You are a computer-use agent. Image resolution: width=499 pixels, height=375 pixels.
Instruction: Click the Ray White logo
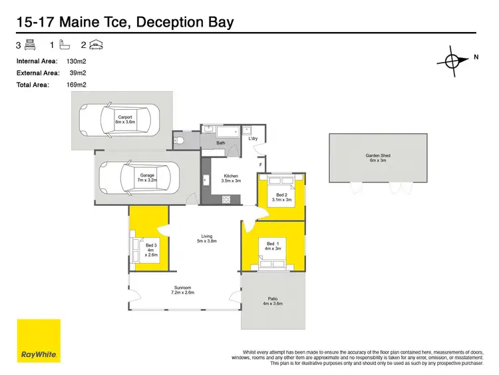tap(39, 341)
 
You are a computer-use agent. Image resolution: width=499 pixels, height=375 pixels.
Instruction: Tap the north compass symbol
tap(453, 61)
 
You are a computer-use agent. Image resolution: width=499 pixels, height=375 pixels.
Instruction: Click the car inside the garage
tap(135, 178)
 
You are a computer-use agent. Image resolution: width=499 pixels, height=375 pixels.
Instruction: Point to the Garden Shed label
tap(378, 158)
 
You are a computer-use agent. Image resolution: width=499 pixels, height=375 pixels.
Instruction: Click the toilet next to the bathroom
tap(179, 140)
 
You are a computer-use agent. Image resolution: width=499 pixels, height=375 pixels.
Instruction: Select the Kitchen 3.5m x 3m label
tap(231, 178)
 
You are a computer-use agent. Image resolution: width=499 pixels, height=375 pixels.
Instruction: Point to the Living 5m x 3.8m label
tap(208, 238)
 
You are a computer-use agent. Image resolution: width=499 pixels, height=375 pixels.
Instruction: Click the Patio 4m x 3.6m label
tap(273, 301)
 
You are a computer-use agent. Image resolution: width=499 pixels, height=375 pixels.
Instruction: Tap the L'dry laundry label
tap(253, 139)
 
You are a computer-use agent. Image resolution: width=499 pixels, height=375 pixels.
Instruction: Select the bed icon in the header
tap(30, 45)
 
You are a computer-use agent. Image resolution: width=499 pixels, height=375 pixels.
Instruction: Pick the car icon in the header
tap(96, 45)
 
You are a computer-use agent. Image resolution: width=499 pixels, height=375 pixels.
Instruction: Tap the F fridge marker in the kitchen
tap(260, 164)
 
